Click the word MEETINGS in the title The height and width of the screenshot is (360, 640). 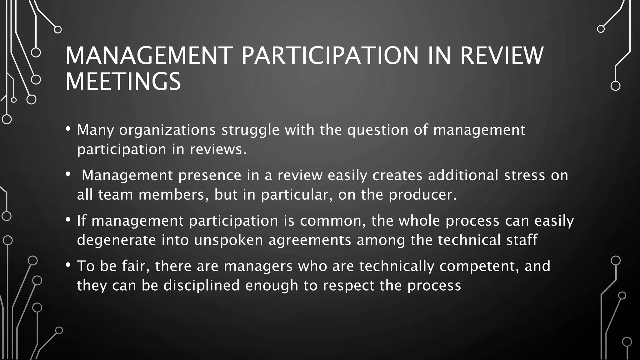123,82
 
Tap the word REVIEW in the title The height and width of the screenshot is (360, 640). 502,56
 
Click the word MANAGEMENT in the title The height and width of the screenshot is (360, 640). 149,56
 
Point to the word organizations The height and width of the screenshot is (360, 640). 167,130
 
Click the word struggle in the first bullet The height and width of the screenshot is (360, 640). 250,130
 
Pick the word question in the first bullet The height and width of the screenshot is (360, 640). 378,130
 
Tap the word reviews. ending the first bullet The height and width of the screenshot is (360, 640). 218,149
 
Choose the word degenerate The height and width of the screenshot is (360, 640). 117,240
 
